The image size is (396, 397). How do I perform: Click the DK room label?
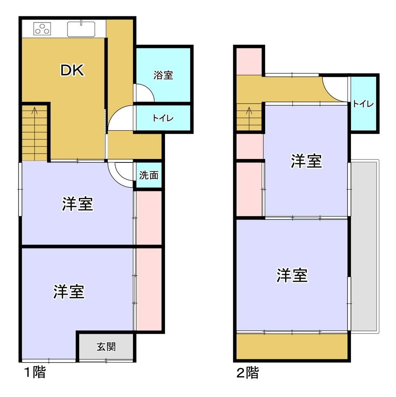pyautogui.click(x=72, y=71)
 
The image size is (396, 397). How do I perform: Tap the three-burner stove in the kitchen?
pyautogui.click(x=42, y=29)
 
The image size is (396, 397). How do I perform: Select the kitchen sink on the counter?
pyautogui.click(x=81, y=29)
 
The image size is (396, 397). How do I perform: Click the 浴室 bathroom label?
pyautogui.click(x=163, y=75)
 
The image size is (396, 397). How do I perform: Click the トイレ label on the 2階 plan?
pyautogui.click(x=363, y=104)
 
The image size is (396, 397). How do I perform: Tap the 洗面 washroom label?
pyautogui.click(x=149, y=175)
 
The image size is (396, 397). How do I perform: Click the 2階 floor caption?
pyautogui.click(x=248, y=373)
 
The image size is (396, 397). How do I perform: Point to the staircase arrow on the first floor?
pyautogui.click(x=35, y=112)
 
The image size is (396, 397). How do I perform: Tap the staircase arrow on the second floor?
pyautogui.click(x=249, y=112)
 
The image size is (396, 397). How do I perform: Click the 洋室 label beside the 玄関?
pyautogui.click(x=69, y=292)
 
